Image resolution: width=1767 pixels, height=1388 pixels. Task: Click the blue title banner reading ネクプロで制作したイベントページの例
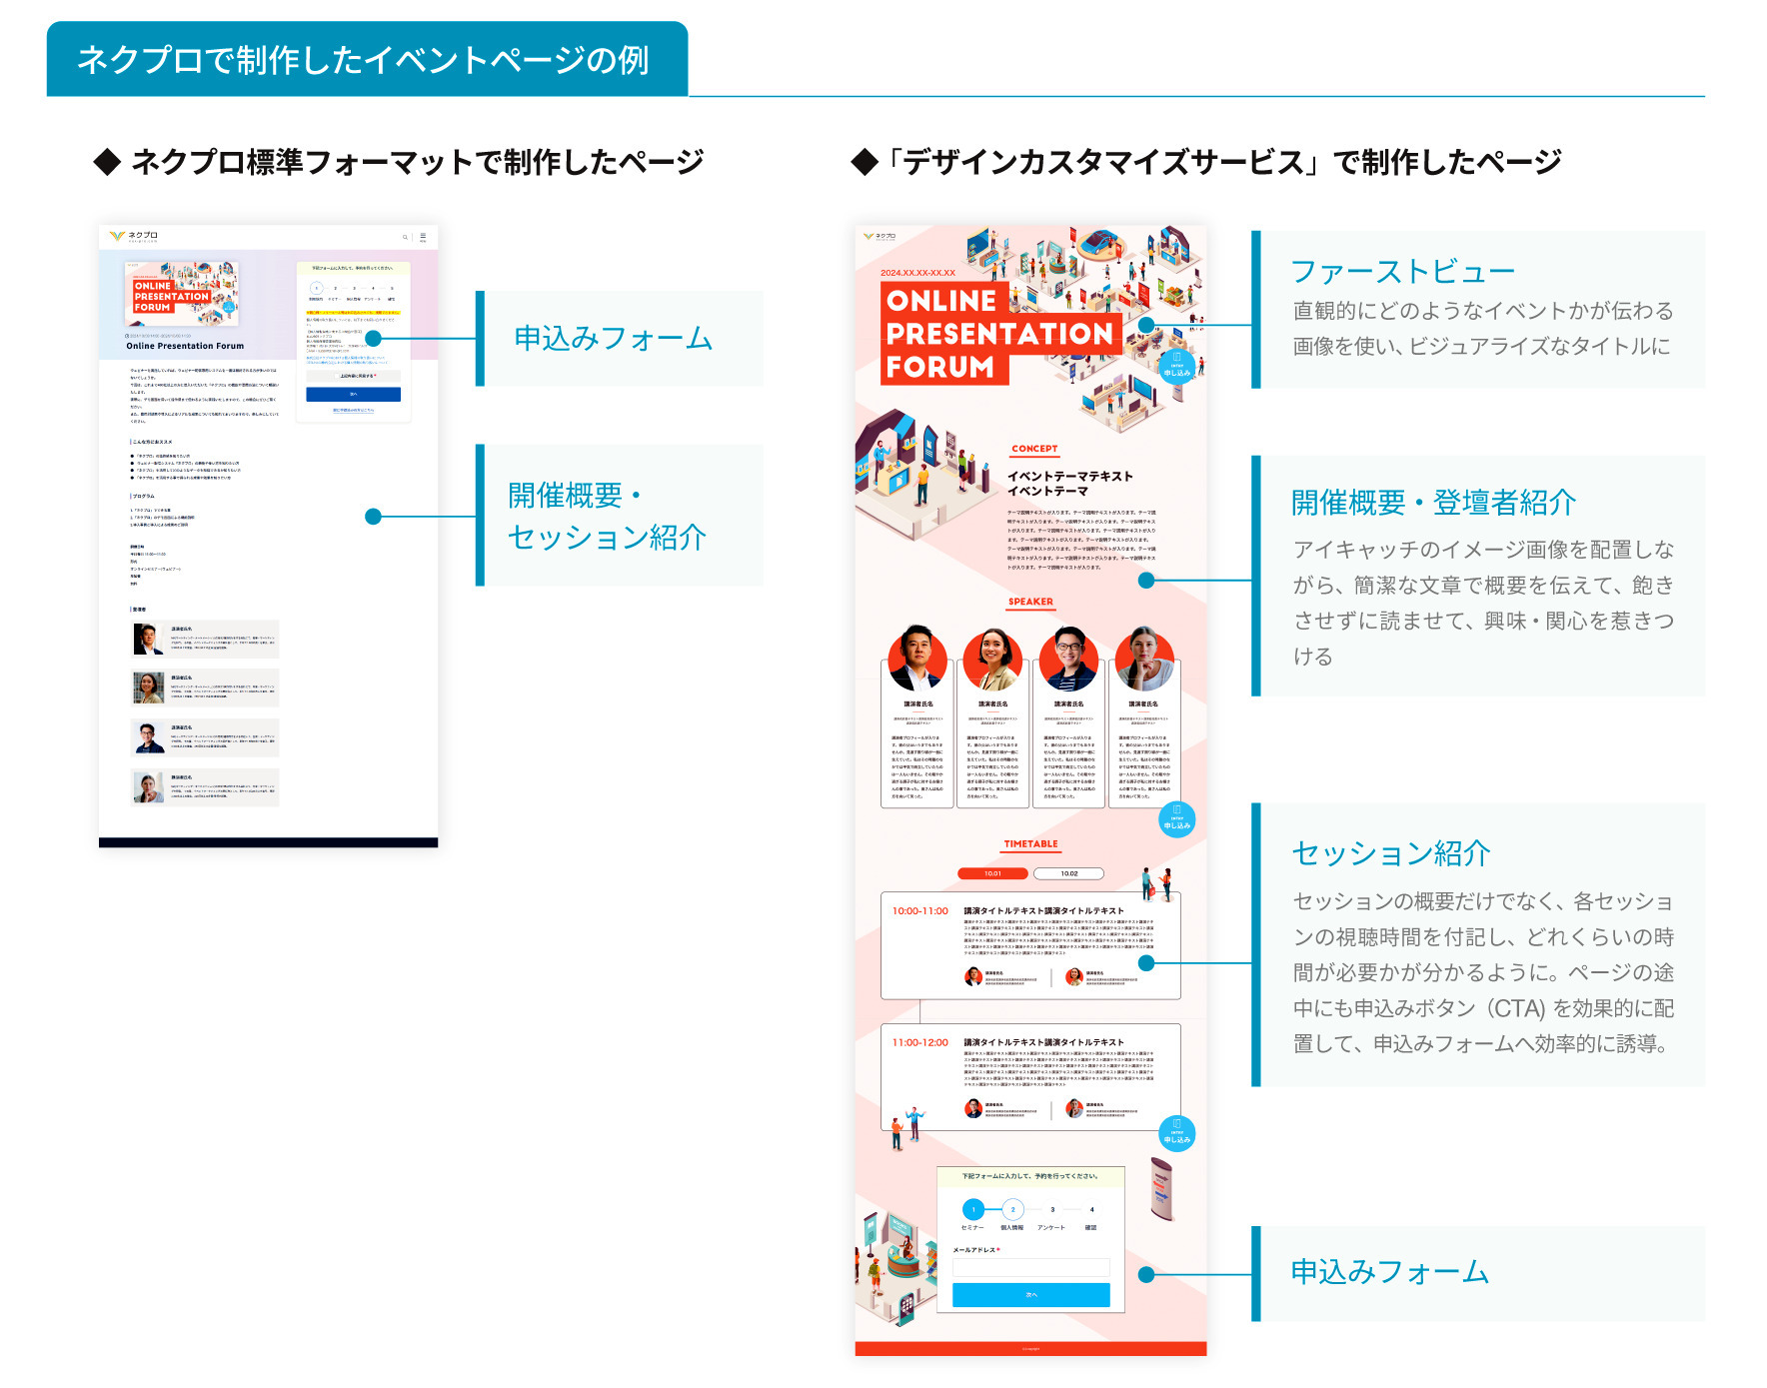click(366, 60)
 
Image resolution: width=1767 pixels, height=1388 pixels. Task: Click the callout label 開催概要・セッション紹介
click(607, 516)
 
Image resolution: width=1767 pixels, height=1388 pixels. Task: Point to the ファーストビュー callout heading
click(1402, 272)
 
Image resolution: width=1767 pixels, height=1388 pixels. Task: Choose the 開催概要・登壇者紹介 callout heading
click(1433, 503)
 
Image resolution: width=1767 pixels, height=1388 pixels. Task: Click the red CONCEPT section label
click(1034, 450)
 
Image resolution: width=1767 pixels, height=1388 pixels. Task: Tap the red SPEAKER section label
click(1030, 603)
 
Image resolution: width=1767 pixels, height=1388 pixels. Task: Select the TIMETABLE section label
click(1030, 844)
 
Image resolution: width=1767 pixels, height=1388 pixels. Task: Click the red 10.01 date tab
click(992, 873)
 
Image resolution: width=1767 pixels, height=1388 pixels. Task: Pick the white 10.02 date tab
click(1068, 873)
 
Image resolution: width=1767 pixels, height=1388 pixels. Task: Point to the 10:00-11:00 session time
click(919, 911)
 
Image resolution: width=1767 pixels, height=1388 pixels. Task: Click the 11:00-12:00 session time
click(919, 1043)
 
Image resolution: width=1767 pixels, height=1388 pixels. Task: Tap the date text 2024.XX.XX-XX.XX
click(917, 273)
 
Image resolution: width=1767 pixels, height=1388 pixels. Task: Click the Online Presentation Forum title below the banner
click(185, 346)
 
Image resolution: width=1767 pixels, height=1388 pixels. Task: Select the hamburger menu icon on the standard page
click(423, 237)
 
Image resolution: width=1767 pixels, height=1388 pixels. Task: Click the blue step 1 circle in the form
click(973, 1210)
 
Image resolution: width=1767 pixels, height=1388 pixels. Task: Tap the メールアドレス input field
click(1030, 1267)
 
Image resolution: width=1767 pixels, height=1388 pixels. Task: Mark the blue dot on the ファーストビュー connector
click(1146, 325)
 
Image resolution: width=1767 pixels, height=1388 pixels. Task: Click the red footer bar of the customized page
click(1030, 1349)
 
